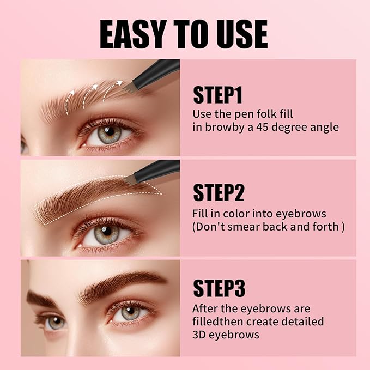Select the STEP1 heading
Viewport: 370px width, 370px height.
tap(217, 96)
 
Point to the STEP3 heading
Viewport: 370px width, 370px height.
tap(219, 288)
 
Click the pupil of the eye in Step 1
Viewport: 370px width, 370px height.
tap(110, 132)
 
